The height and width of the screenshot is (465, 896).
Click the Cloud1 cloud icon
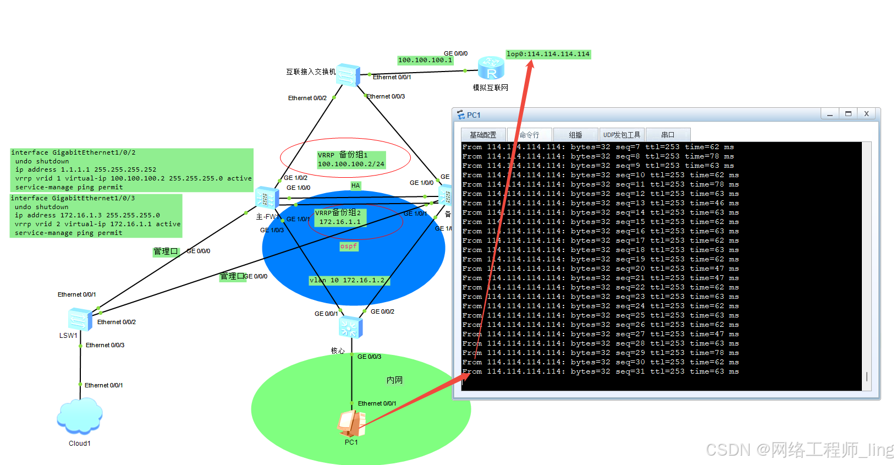pos(80,416)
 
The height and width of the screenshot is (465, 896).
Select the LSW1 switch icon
pos(80,319)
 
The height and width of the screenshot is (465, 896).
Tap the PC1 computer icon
pos(351,424)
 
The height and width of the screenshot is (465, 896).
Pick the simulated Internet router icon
pos(491,68)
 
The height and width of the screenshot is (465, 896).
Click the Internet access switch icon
pos(348,75)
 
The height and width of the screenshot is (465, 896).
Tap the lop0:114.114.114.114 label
pos(548,54)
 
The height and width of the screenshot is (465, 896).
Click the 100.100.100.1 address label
pos(425,60)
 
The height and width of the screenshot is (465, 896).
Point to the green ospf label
pos(349,246)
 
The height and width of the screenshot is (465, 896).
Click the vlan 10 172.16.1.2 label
pos(347,280)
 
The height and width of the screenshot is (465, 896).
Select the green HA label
pos(355,185)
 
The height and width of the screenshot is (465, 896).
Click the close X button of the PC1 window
pos(866,114)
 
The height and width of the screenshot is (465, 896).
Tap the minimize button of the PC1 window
pos(829,114)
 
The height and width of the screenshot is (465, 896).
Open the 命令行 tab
pos(529,135)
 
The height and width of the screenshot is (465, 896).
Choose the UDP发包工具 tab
pos(622,135)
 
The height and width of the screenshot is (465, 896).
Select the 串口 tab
pos(668,135)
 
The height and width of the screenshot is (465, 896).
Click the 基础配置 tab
pos(483,135)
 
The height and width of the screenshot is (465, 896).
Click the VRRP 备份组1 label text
pos(343,155)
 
